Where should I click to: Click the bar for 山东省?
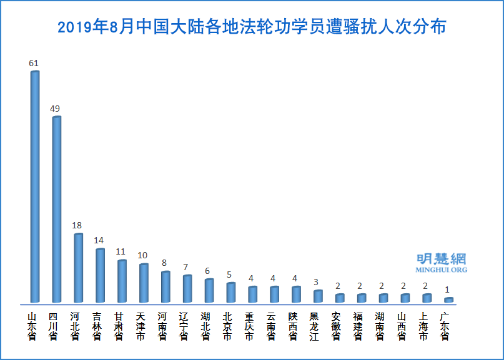click(x=34, y=187)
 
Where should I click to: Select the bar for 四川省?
click(x=56, y=209)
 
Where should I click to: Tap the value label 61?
click(x=34, y=64)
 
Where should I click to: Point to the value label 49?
click(x=55, y=109)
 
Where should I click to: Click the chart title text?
click(x=252, y=27)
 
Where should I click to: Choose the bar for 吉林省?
click(x=100, y=276)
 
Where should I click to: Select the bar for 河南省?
click(x=165, y=287)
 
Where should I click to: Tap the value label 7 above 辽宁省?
click(x=186, y=267)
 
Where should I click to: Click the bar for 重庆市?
click(x=252, y=294)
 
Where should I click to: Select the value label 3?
click(x=317, y=282)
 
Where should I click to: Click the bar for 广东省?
click(x=448, y=300)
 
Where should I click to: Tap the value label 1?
click(x=447, y=289)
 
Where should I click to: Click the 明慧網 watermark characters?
click(x=441, y=259)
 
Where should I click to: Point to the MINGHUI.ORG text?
click(x=441, y=270)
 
